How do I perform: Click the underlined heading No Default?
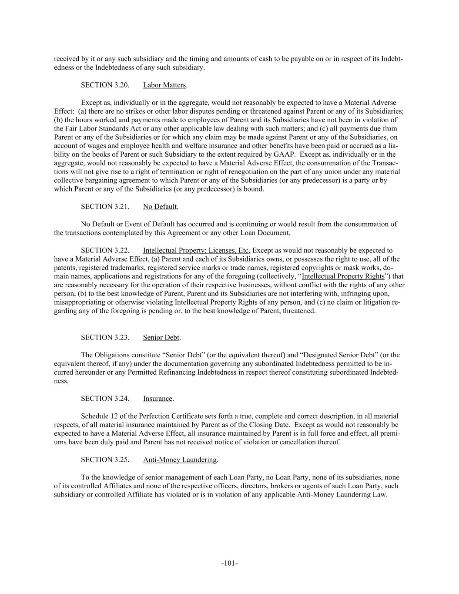(160, 207)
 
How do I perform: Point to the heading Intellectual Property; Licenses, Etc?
(197, 251)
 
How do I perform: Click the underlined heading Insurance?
(157, 399)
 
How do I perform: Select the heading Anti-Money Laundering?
(180, 460)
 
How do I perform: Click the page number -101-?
(229, 564)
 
